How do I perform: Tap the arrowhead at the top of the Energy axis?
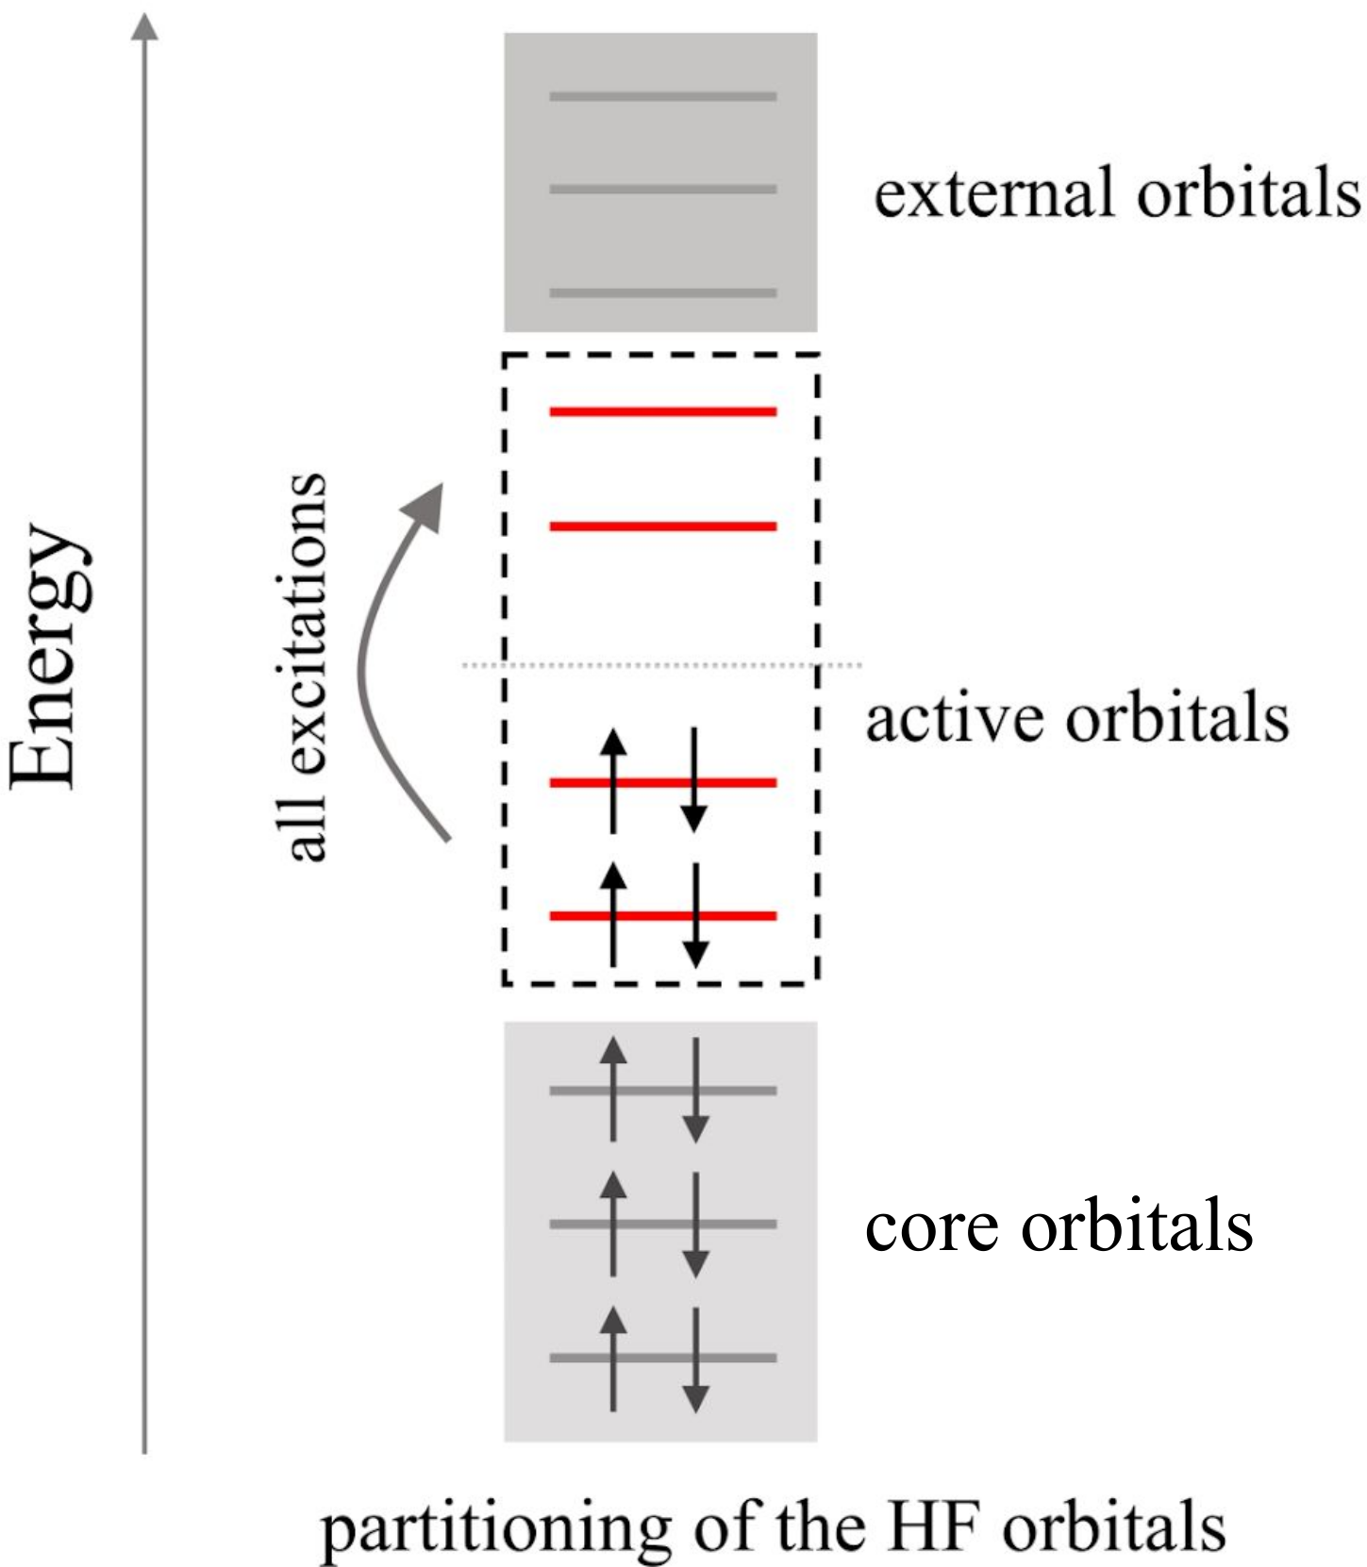tap(143, 26)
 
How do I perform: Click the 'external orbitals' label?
tap(1117, 193)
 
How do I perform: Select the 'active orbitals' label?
tap(1077, 719)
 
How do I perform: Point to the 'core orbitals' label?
tap(1059, 1225)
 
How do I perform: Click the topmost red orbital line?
tap(662, 411)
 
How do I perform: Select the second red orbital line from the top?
tap(662, 525)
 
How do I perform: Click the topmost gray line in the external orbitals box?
tap(662, 96)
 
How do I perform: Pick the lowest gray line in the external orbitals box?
tap(662, 292)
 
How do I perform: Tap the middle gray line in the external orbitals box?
tap(662, 189)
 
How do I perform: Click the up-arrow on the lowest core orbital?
tap(613, 1358)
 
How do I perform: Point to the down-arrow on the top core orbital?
tap(695, 1090)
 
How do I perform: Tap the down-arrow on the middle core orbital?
tap(695, 1225)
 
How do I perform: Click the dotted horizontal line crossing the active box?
tap(660, 665)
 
